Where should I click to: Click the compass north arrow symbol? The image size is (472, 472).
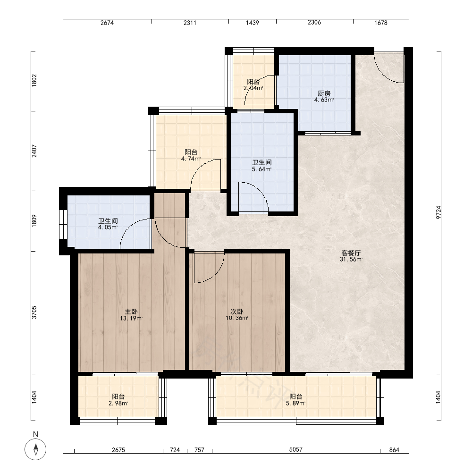point(35,449)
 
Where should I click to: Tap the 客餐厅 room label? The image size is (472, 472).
point(351,253)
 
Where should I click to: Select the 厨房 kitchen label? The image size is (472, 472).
point(324,93)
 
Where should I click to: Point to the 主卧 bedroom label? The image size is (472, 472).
point(131,312)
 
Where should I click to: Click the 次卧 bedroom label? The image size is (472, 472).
point(237,312)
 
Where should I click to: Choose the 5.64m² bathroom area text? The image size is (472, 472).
point(261,169)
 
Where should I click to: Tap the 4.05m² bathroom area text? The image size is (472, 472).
point(108,228)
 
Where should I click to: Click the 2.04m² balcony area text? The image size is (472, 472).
point(253,88)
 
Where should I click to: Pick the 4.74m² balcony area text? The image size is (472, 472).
point(191,159)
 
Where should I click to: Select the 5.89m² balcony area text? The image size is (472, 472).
point(295,404)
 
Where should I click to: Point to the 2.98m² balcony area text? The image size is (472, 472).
point(118,404)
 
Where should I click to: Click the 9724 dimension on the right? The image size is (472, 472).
point(438,212)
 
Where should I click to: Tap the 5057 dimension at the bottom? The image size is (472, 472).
point(295,449)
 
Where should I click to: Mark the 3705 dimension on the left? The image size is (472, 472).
point(34,312)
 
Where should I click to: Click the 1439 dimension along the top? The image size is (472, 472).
point(252,23)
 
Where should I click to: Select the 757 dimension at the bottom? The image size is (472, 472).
point(199,450)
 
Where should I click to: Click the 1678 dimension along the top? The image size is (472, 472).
point(381,23)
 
